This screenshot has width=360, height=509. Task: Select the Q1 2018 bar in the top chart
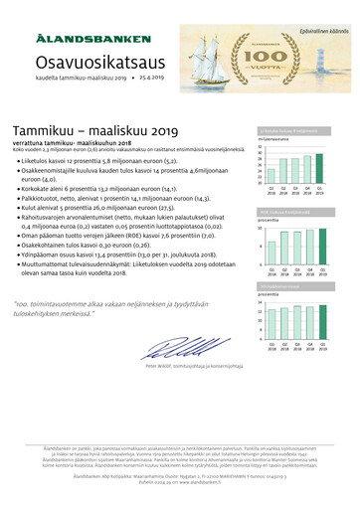[271, 172]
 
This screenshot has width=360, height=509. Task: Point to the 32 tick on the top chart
[261, 147]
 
